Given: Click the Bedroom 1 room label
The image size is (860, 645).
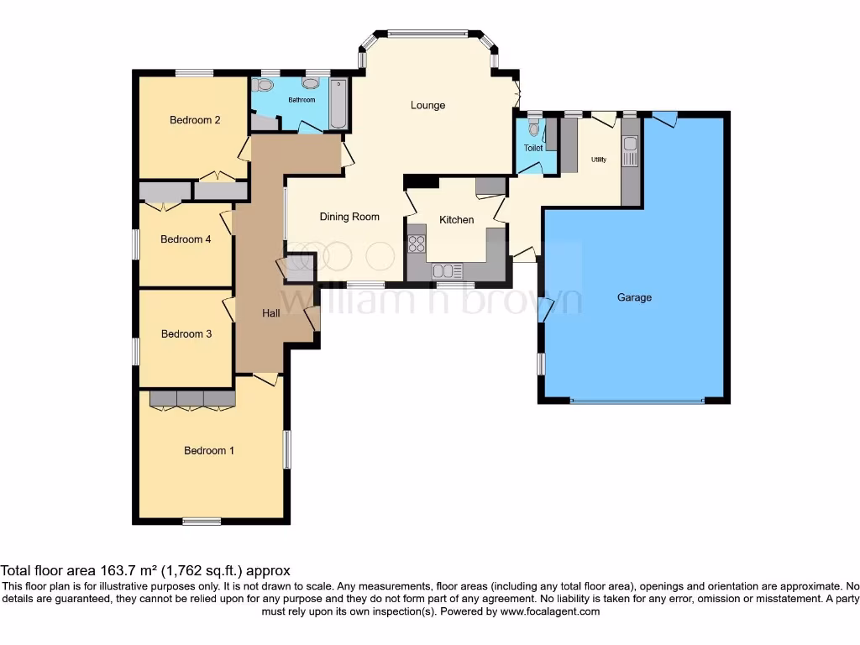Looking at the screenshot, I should pyautogui.click(x=209, y=451).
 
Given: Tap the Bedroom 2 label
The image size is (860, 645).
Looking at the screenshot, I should pyautogui.click(x=195, y=120).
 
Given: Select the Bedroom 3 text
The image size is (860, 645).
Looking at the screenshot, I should pyautogui.click(x=186, y=334).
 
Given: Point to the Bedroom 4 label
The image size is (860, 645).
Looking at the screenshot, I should pyautogui.click(x=186, y=239).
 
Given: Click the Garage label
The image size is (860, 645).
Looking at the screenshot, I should pyautogui.click(x=634, y=297).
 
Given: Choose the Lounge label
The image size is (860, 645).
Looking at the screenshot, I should pyautogui.click(x=427, y=106).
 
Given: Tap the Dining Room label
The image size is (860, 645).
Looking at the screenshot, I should pyautogui.click(x=349, y=217).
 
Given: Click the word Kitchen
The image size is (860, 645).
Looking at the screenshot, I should pyautogui.click(x=457, y=220).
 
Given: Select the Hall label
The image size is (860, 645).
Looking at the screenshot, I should pyautogui.click(x=271, y=313).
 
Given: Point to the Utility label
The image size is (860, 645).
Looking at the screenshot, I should pyautogui.click(x=599, y=159).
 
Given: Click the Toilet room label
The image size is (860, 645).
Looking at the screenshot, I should pyautogui.click(x=533, y=148).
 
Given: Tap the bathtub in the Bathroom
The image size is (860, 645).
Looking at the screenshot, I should pyautogui.click(x=338, y=104).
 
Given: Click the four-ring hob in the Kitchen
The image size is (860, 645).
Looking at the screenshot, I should pyautogui.click(x=417, y=244).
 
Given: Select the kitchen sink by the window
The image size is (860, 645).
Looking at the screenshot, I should pyautogui.click(x=447, y=271).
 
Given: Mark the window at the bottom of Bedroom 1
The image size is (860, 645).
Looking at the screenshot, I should pyautogui.click(x=202, y=522).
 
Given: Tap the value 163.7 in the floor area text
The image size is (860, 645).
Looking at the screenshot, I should pyautogui.click(x=98, y=569).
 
